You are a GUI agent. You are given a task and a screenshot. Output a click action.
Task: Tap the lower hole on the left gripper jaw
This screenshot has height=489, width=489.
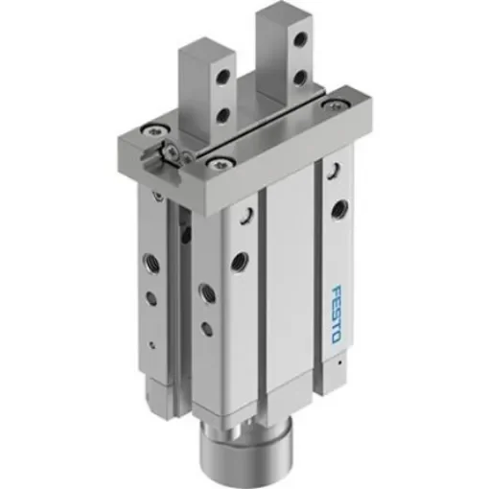click(224, 114)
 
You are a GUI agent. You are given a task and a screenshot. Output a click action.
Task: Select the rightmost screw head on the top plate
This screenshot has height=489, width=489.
click(335, 103)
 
